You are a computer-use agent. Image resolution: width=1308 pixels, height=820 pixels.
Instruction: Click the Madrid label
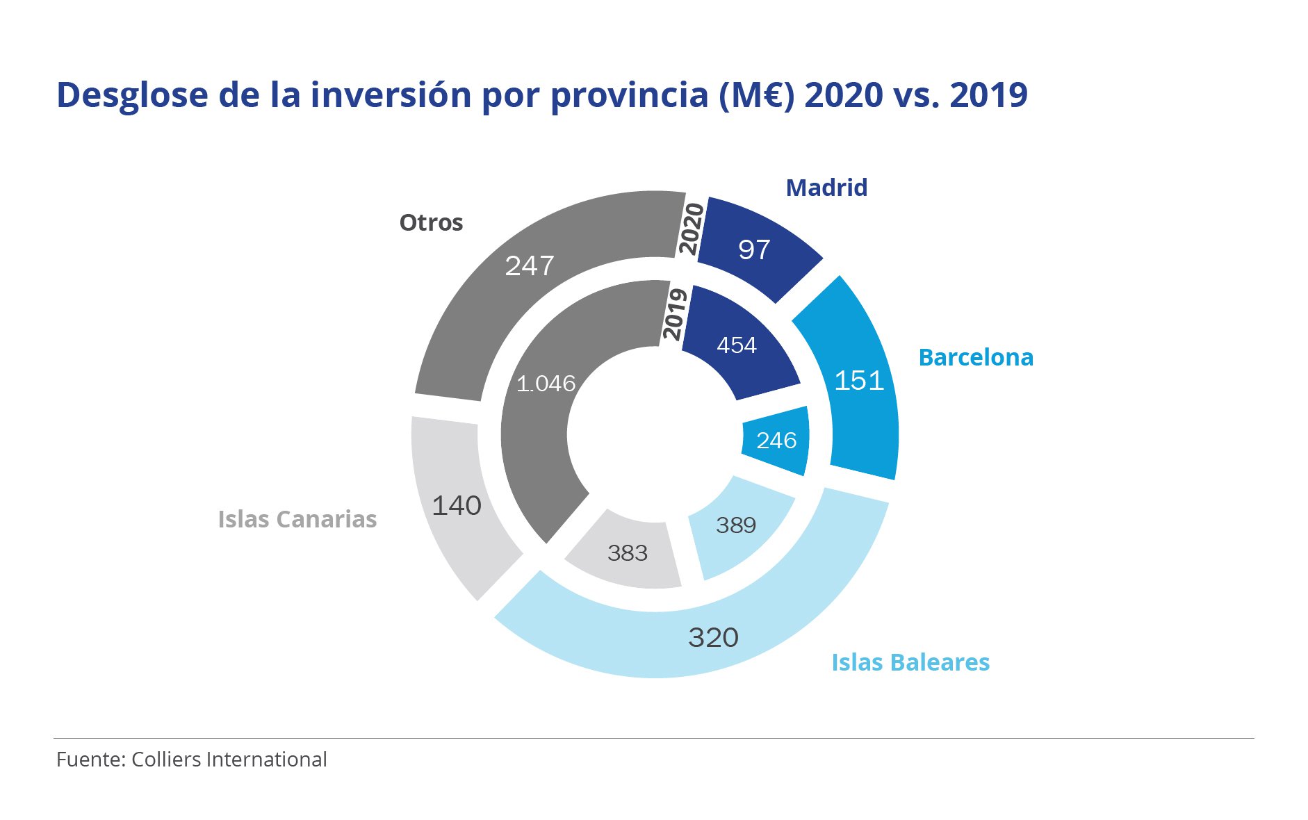(826, 188)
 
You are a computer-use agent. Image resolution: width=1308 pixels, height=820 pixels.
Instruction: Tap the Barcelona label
(976, 357)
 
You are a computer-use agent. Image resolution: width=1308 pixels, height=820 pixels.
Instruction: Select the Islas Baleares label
(910, 662)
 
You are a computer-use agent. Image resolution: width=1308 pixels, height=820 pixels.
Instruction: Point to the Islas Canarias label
(297, 519)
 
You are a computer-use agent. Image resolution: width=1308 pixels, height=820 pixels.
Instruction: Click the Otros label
(431, 223)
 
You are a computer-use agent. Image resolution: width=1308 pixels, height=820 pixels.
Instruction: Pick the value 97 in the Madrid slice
(754, 249)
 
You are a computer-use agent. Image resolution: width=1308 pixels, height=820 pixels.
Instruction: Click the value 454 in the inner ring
(737, 345)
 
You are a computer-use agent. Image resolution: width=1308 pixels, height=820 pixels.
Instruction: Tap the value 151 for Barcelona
(859, 380)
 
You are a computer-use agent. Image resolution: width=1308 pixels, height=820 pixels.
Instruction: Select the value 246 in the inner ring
(776, 440)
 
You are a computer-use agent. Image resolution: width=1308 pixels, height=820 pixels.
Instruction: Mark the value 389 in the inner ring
(736, 525)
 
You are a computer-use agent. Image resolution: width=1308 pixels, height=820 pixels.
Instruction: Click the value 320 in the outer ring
(713, 637)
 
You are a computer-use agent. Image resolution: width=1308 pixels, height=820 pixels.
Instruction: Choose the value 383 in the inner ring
(628, 553)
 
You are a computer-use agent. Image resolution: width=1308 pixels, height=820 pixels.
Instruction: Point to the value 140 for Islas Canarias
(457, 505)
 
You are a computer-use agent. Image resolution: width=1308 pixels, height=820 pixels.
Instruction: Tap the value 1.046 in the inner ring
(546, 384)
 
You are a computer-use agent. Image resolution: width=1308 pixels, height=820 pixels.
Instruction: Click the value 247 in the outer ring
(530, 265)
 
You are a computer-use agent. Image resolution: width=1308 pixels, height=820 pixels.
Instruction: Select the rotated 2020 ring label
(691, 229)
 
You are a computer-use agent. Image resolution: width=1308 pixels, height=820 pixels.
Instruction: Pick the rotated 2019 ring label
(674, 314)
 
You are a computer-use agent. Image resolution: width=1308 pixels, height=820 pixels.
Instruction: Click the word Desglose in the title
(132, 95)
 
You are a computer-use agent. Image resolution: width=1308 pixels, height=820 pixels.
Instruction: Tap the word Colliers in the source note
(167, 760)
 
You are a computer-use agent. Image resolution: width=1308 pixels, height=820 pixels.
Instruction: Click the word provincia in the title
(629, 95)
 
